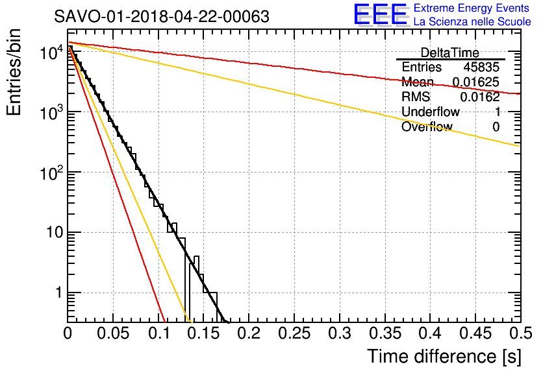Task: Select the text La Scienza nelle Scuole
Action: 472,22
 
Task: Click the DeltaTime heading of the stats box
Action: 450,53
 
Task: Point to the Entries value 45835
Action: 481,67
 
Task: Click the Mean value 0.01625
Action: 476,82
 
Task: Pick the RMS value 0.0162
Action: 480,97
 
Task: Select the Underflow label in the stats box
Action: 429,112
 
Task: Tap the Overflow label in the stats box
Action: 426,127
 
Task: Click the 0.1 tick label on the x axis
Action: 158,333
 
